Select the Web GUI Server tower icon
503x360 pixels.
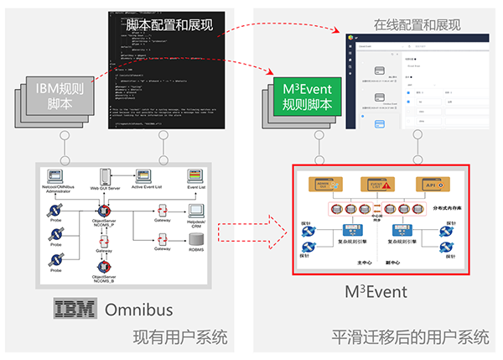click(x=106, y=177)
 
